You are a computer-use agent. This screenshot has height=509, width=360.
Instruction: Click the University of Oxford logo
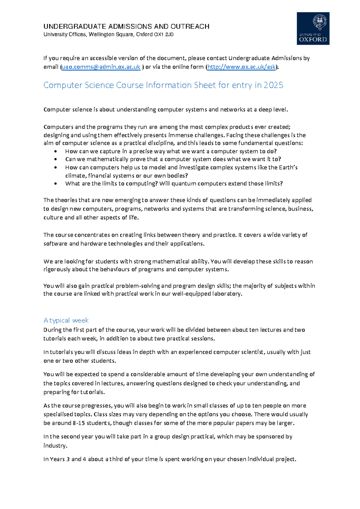[x=313, y=29]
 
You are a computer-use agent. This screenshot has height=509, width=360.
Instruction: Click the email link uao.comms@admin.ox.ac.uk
[x=101, y=67]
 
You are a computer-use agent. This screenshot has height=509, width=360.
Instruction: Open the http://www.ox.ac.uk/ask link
[x=241, y=67]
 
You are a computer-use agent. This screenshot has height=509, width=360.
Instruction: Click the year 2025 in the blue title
[x=273, y=85]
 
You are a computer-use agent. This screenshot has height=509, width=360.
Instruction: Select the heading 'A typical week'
[x=66, y=320]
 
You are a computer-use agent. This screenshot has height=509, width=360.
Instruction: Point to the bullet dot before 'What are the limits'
[x=55, y=184]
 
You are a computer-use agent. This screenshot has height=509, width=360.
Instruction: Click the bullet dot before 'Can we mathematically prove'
[x=55, y=159]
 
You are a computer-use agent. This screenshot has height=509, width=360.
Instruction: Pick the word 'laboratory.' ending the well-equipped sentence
[x=227, y=294]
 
